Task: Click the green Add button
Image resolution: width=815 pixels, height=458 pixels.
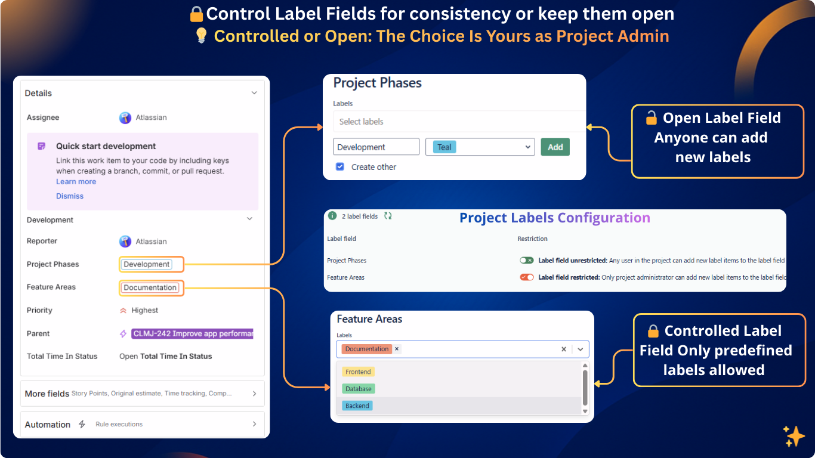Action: coord(555,147)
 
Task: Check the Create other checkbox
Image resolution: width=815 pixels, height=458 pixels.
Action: coord(340,167)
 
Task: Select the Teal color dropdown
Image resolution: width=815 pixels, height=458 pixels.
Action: coord(480,147)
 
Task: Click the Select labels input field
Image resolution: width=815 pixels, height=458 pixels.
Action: coord(458,122)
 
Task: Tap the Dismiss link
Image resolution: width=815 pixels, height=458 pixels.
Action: coord(70,196)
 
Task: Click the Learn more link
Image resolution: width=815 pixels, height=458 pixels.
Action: coord(76,182)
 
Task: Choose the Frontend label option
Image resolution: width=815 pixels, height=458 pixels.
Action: coord(358,372)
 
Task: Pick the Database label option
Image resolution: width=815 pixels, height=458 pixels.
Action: coord(358,389)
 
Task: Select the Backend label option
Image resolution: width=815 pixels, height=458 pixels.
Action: coord(357,406)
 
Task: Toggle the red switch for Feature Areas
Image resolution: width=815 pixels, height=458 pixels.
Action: coord(526,277)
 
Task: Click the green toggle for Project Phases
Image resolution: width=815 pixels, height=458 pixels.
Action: coord(526,261)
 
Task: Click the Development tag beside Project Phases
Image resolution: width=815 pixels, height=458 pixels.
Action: coord(147,264)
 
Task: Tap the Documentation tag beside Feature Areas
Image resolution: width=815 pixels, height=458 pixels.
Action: coord(150,287)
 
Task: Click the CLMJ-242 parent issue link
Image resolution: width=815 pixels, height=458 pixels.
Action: coord(192,334)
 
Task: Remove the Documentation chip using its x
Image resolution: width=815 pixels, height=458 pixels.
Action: coord(397,349)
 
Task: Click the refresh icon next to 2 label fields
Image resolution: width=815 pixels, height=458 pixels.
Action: coord(388,216)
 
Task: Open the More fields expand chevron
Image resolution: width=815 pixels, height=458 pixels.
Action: coord(254,394)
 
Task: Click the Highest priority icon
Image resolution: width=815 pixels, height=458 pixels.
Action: coord(124,311)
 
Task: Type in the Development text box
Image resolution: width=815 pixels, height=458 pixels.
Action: coord(376,147)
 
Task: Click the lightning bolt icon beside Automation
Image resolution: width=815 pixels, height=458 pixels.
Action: coord(82,425)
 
